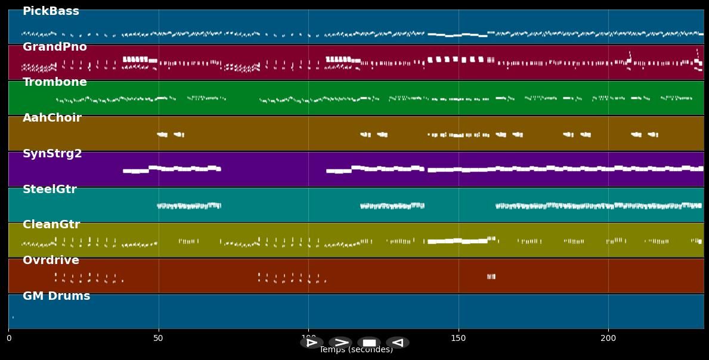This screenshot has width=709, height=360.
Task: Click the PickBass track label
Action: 51,11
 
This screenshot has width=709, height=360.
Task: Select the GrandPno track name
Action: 54,47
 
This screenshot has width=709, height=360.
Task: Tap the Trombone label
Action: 54,82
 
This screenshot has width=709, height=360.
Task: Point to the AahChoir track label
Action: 52,118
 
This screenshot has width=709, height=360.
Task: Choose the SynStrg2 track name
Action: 52,154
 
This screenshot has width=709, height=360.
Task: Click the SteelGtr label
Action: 49,190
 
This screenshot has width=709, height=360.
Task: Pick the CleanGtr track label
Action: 51,225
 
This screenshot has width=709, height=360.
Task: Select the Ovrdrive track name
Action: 51,260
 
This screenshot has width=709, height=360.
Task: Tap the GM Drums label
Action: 56,296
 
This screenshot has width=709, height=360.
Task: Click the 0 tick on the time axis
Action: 8,339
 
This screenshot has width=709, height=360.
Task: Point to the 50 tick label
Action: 158,339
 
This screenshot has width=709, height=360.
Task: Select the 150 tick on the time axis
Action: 459,339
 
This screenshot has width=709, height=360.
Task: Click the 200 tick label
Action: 608,339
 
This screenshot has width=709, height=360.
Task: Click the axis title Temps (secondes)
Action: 356,350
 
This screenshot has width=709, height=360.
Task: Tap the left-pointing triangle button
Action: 397,343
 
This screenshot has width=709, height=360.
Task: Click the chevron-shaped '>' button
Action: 340,343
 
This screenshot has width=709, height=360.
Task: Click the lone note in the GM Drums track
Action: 13,317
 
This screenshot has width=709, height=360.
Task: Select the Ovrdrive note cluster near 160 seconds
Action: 491,277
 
